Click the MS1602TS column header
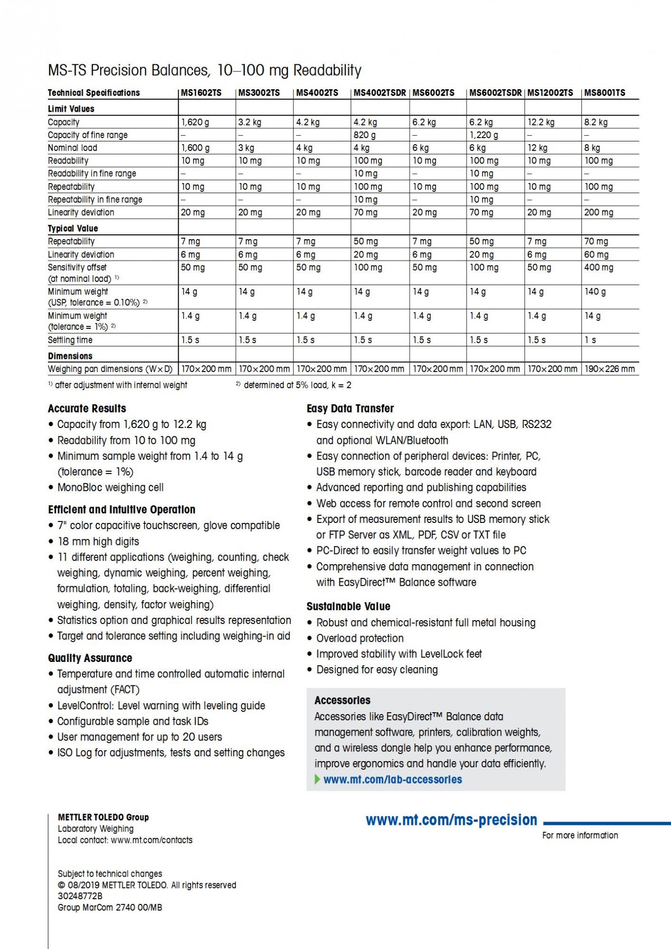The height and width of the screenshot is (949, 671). [201, 93]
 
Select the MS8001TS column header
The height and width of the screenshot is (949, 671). [604, 93]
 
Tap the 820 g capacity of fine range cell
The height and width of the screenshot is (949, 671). [365, 135]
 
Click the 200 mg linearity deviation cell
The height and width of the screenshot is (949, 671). [599, 212]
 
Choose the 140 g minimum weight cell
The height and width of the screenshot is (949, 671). [595, 291]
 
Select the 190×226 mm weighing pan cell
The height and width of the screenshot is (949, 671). [610, 369]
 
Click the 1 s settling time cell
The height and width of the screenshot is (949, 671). [590, 340]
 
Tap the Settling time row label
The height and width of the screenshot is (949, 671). [70, 340]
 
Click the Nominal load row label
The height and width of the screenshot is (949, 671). [72, 148]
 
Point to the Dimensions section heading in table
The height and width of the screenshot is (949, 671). [70, 356]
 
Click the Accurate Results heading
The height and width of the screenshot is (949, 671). [87, 409]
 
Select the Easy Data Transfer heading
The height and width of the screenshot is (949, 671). [350, 409]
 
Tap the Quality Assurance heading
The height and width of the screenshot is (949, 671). [90, 658]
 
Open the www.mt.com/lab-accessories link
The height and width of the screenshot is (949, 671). [393, 780]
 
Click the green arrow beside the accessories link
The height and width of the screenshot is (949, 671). [317, 779]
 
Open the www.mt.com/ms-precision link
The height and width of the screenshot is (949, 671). [451, 821]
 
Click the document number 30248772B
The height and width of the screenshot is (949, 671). [80, 896]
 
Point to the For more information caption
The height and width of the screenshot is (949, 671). [580, 835]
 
